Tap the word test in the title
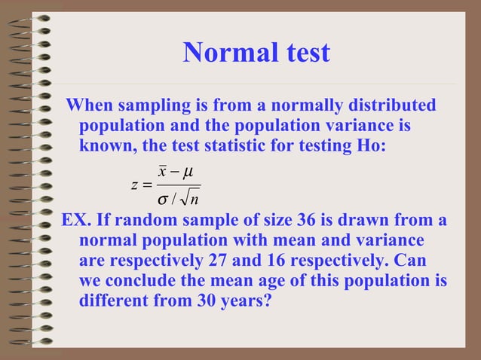click(301, 52)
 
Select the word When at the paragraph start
click(88, 105)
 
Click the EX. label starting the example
click(75, 221)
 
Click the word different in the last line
click(111, 301)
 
